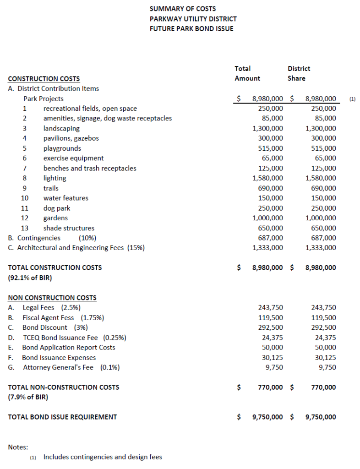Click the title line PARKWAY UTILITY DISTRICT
click(193, 19)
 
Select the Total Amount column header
click(247, 73)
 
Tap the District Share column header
click(299, 73)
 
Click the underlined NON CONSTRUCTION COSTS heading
click(52, 298)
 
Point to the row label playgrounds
click(62, 148)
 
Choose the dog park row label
click(57, 208)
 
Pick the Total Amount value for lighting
click(268, 178)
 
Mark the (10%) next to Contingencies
click(87, 238)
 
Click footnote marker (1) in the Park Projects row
click(352, 99)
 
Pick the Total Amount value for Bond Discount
click(270, 327)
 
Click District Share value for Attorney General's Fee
click(327, 367)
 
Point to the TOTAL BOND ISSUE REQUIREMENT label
click(62, 417)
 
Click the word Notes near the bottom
click(18, 447)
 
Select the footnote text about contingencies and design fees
click(103, 457)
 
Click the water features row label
click(66, 198)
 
